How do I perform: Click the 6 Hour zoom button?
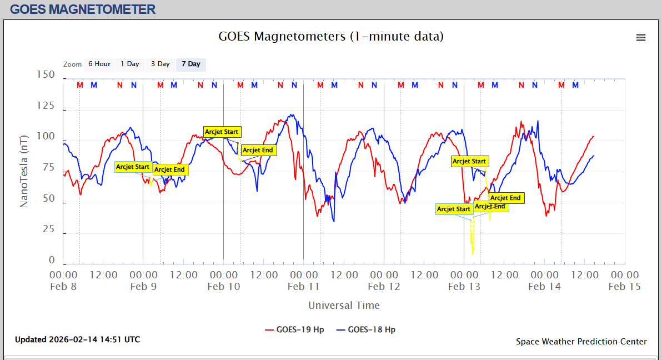point(99,64)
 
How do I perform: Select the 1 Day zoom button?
point(130,64)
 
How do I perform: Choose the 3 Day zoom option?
point(161,64)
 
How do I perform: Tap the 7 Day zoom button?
point(191,64)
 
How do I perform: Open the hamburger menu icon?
point(641,38)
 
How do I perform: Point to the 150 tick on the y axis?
point(46,74)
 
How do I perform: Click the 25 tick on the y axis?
point(48,229)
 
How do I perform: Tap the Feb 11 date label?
point(304,287)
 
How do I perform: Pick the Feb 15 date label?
point(625,287)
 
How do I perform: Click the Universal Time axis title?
point(344,305)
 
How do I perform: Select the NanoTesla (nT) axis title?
point(24,166)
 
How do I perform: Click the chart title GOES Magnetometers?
point(331,37)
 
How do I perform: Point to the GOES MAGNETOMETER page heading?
point(83,9)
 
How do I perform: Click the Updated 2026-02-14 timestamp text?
point(77,339)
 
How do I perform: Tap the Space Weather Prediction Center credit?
point(581,342)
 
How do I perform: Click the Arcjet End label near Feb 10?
point(258,150)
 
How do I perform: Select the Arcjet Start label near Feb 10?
point(222,132)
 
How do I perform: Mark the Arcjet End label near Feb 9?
point(169,169)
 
